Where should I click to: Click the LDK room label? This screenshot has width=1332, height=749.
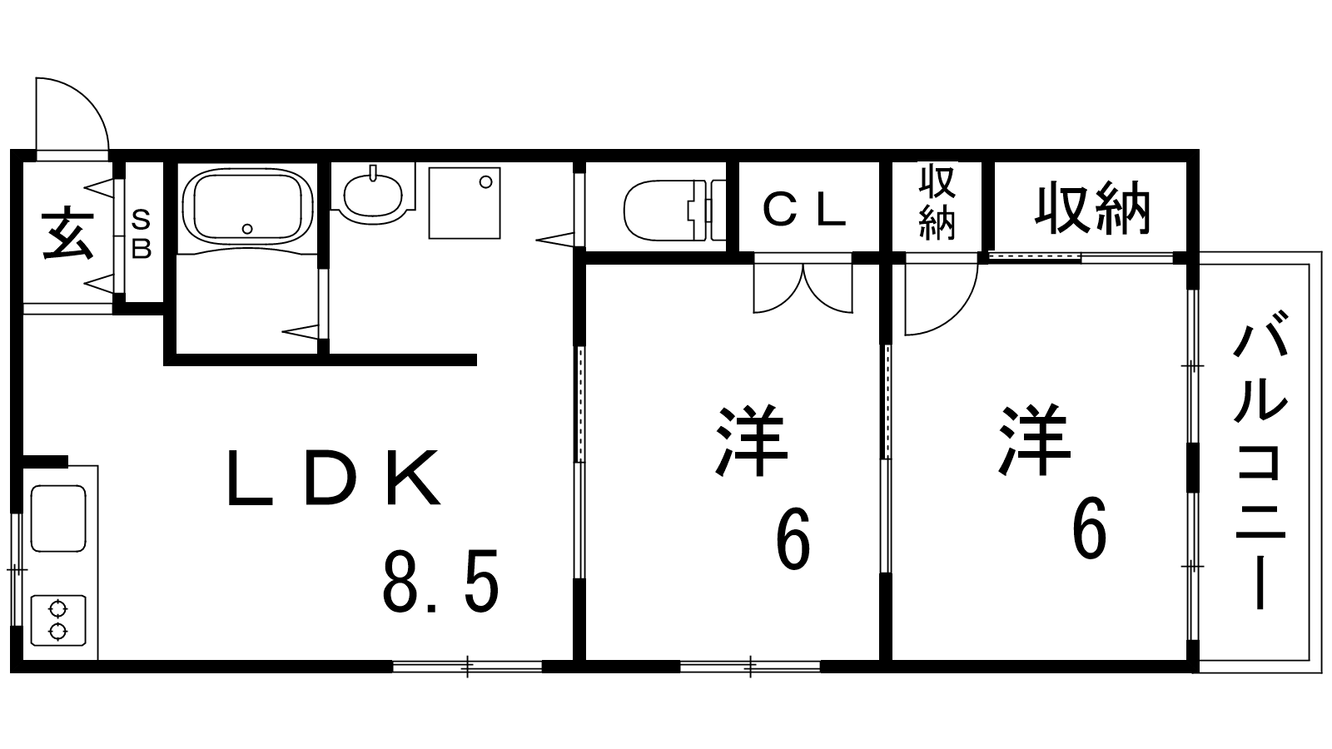pos(333,479)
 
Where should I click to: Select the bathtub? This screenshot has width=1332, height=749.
pos(246,206)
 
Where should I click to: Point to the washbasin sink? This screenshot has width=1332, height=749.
pos(372,194)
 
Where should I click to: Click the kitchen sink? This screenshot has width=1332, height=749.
pos(57,518)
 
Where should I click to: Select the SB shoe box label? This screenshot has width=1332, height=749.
pos(142,234)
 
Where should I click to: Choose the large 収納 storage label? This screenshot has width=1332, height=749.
pos(1092,210)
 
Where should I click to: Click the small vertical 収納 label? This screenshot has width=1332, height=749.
pos(937,204)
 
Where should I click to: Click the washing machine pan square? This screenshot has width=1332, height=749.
pos(465,203)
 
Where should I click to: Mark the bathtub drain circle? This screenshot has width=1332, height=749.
pos(246,228)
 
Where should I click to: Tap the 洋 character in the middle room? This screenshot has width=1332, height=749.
pos(751,441)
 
